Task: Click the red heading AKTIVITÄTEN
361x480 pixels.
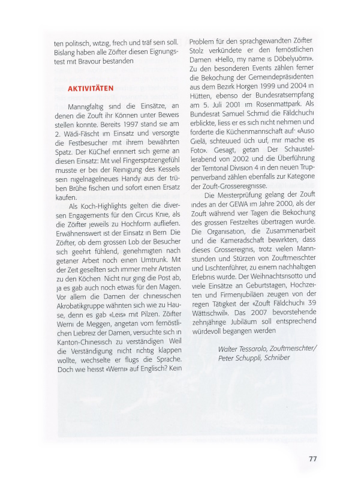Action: (91, 88)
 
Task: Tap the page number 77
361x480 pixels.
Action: (312, 459)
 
